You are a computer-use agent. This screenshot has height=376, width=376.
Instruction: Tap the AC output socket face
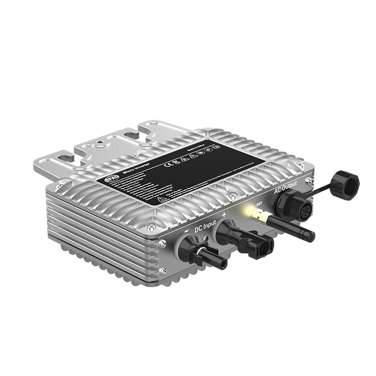(294, 209)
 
